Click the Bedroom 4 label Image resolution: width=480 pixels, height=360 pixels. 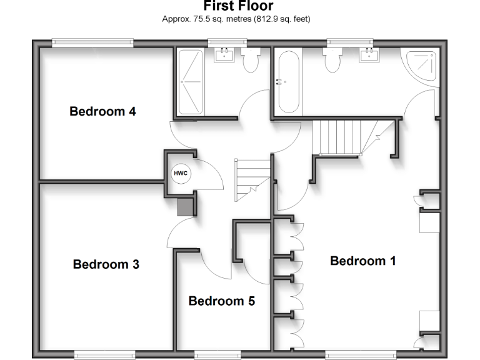tap(102, 112)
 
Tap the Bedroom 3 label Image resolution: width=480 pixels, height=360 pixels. tap(106, 264)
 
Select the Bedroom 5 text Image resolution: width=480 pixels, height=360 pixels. tap(221, 301)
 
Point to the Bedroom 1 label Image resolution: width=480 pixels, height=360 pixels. tap(362, 261)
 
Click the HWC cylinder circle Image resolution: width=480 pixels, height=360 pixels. tap(180, 173)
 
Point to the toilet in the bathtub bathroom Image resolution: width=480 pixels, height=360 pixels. tap(331, 61)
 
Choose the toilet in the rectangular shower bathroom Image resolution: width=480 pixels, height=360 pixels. tap(251, 61)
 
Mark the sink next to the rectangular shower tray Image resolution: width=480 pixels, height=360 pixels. tap(223, 56)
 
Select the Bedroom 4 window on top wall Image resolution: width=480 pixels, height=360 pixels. tap(92, 42)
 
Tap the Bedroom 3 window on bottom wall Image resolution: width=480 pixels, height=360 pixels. tap(104, 355)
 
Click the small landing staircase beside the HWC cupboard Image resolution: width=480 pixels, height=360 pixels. tap(252, 177)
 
